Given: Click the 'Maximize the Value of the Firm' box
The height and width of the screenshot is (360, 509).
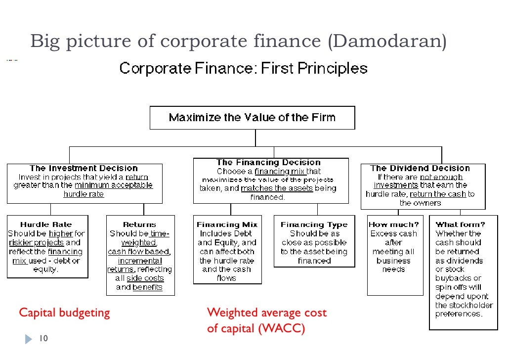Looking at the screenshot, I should click(252, 118).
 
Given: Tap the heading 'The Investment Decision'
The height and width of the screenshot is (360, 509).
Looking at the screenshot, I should click(84, 169).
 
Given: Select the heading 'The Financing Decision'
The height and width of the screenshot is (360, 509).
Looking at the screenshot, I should click(268, 162).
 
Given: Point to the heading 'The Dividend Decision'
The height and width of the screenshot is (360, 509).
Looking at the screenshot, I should click(420, 168).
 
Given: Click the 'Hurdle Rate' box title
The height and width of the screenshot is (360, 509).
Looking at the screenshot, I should click(47, 225).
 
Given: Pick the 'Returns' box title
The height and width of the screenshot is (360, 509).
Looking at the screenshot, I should click(139, 225).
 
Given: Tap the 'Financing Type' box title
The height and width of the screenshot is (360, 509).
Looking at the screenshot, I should click(314, 225).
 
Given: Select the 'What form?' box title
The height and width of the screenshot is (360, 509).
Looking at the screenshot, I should click(460, 225).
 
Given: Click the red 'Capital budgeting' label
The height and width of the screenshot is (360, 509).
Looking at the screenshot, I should click(64, 313).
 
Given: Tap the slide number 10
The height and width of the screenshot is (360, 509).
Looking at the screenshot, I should click(43, 339).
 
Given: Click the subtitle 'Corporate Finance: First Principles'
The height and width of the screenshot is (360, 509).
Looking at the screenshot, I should click(243, 68).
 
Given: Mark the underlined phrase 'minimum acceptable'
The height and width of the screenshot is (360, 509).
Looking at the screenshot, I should click(114, 185).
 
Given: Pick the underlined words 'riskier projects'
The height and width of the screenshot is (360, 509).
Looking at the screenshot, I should click(36, 243).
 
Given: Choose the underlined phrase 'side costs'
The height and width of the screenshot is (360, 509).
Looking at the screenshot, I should click(145, 278).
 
